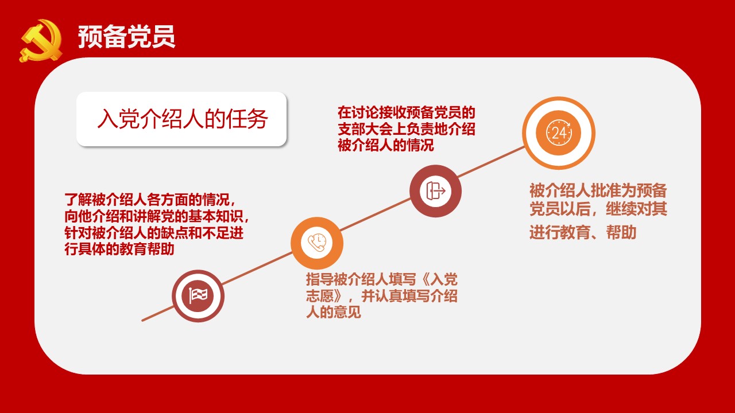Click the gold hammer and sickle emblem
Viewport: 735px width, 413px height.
pos(41,41)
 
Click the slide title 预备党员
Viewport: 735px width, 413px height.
pos(127,37)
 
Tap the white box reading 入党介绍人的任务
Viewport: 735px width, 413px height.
pos(181,119)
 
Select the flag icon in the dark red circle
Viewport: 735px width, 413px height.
pos(198,296)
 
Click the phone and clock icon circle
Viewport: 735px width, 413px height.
pos(317,243)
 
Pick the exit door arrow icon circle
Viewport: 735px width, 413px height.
pos(435,191)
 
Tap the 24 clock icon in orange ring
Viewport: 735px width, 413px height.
pos(559,133)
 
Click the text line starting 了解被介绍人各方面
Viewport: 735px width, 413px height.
pos(150,199)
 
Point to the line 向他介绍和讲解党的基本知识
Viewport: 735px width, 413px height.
pos(157,216)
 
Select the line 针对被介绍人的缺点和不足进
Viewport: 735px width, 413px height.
pos(154,233)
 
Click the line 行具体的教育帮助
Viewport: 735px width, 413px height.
pos(119,249)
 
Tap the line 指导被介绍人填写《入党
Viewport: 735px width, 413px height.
pos(382,279)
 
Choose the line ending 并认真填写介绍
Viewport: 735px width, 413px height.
pos(382,296)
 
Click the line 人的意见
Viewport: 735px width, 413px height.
pos(334,313)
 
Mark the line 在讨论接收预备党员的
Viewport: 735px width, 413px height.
pos(407,113)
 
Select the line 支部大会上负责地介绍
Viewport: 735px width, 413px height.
pos(407,129)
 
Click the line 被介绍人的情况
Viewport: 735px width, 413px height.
pos(386,145)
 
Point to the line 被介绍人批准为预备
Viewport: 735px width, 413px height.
pos(598,190)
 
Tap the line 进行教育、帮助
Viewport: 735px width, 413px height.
pos(583,232)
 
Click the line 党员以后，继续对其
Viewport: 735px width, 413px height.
pos(598,209)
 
